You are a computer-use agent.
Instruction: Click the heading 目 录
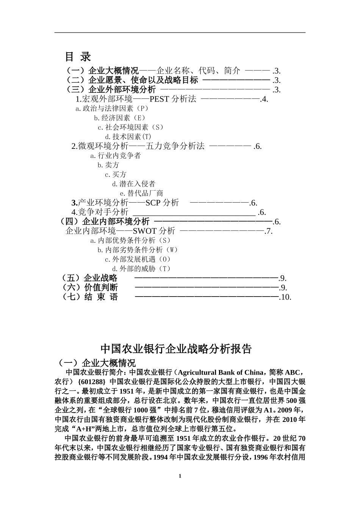coord(78,57)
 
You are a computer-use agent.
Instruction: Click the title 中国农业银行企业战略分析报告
coord(176,349)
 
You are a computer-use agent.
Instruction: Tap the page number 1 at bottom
coord(180,476)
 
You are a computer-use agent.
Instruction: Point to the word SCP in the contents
coord(153,203)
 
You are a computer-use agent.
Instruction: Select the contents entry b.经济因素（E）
coord(120,118)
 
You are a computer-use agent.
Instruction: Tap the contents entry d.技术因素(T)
coord(128,137)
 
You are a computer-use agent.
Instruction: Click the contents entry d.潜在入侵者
coord(134,184)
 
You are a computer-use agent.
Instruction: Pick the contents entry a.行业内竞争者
coord(116,156)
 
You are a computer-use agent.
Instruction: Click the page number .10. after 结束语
coord(285,297)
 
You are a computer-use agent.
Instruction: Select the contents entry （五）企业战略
coord(89,278)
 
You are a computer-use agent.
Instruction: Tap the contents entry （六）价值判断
coord(89,287)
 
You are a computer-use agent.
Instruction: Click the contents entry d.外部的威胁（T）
coord(139,269)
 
